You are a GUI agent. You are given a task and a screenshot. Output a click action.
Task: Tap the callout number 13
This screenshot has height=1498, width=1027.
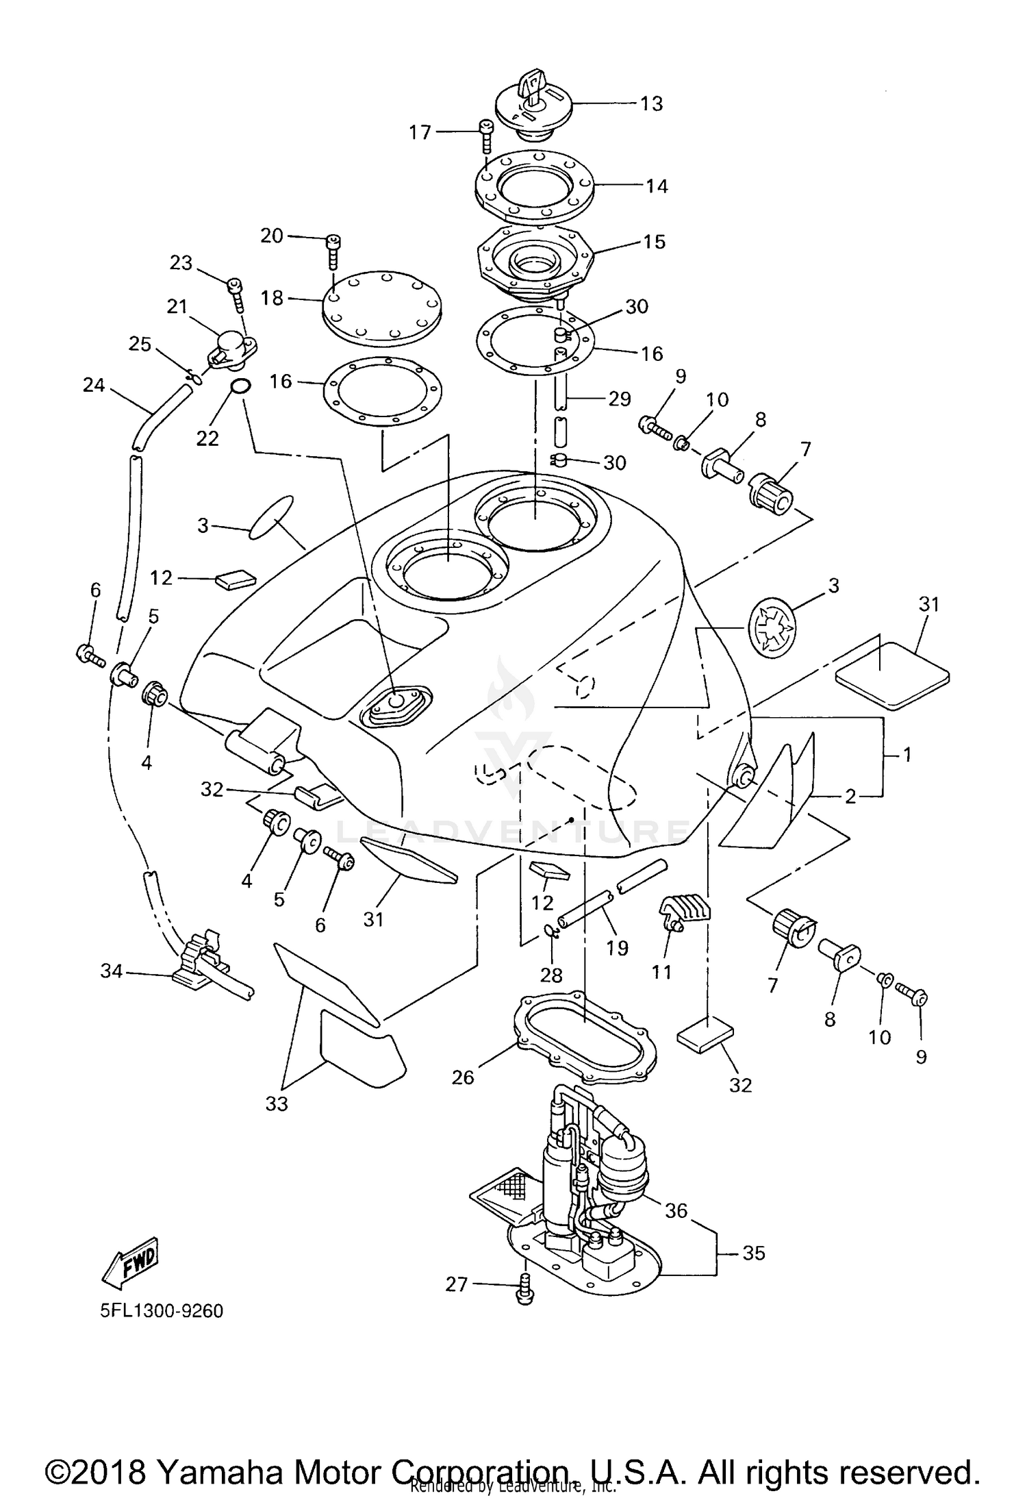651,103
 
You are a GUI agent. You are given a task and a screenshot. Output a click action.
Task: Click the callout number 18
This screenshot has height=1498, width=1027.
272,299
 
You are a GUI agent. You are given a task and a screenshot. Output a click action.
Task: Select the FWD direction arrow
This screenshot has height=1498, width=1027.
131,1262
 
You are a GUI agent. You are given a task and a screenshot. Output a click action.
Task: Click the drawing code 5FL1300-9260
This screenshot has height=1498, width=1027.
162,1312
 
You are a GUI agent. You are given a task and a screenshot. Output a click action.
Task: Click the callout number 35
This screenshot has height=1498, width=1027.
753,1253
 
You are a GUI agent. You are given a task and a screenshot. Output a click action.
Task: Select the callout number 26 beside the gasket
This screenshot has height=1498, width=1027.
463,1077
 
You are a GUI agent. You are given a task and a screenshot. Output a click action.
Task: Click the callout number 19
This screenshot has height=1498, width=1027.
617,948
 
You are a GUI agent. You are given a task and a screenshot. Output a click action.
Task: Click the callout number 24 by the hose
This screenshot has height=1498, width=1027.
94,386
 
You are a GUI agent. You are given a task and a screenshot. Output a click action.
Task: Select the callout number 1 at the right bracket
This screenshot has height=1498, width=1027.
906,755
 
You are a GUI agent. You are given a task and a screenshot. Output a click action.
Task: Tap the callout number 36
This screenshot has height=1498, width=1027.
676,1210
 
